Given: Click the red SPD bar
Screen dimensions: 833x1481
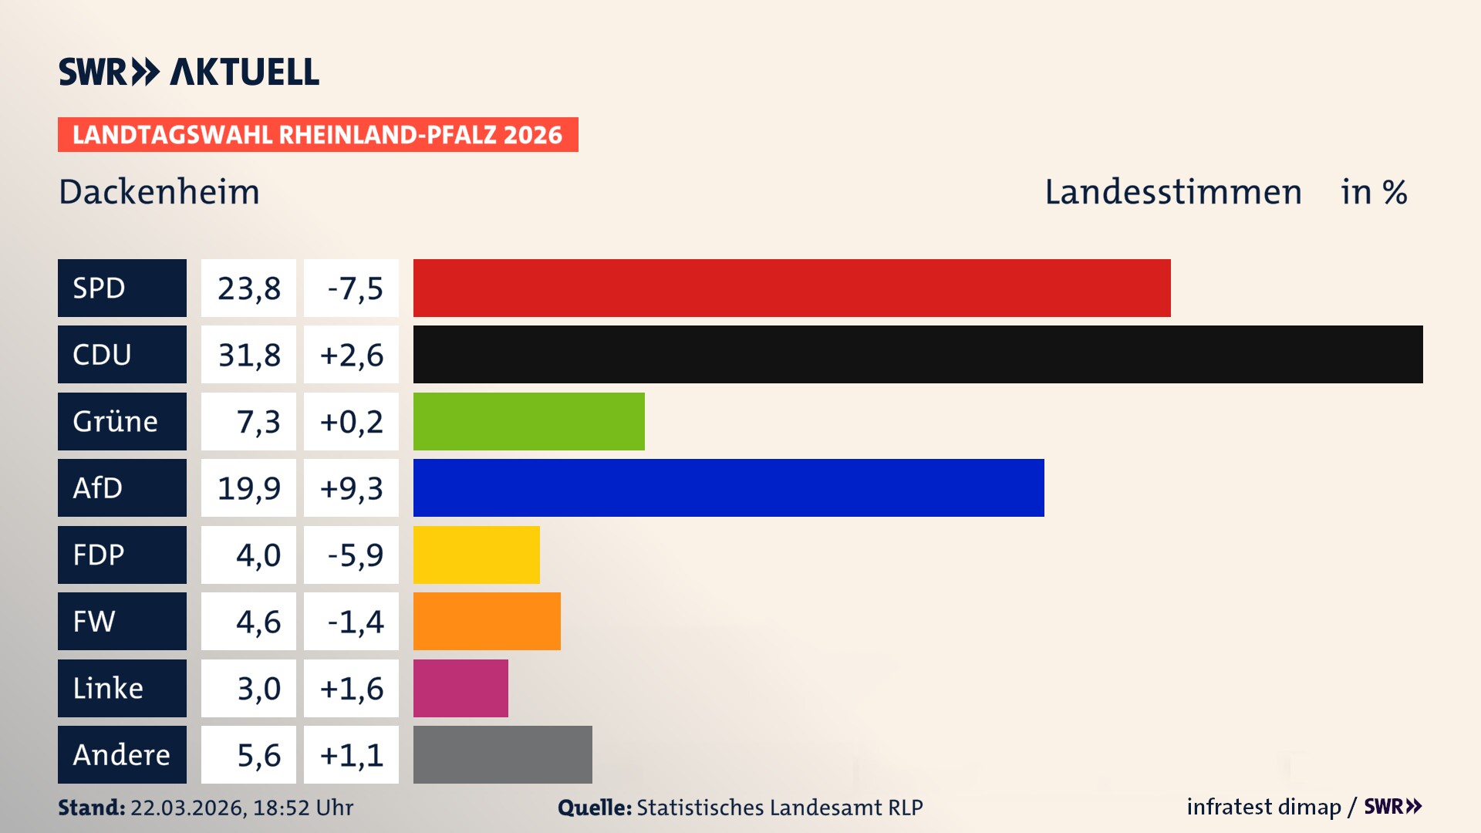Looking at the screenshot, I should tap(791, 288).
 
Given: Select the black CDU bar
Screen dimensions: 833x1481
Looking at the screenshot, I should tap(918, 354).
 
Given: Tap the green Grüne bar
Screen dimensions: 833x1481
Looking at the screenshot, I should tap(528, 421).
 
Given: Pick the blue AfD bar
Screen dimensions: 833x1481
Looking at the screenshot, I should tap(728, 487).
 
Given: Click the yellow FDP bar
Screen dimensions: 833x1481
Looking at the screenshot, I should tap(476, 555).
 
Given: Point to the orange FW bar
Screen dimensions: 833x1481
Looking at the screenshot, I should tap(487, 621).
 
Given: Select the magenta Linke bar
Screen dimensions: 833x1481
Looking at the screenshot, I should tap(460, 688).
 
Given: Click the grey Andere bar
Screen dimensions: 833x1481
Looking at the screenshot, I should tap(502, 754).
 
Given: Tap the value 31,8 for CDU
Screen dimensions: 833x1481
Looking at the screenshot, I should tap(248, 355).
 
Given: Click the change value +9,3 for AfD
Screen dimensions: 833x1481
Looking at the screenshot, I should tap(351, 488).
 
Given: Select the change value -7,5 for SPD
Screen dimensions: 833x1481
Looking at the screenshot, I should tap(354, 288).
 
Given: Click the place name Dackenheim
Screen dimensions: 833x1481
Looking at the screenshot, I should tap(159, 192).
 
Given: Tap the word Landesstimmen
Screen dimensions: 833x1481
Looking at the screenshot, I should tap(1172, 192).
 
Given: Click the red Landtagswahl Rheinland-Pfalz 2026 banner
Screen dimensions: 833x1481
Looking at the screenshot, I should tap(317, 134).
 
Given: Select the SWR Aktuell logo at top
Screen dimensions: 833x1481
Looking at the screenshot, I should tap(188, 72).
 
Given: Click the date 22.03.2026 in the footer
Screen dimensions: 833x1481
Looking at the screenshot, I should tap(187, 808).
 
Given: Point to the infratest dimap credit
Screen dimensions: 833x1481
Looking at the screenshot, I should tap(1263, 807).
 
